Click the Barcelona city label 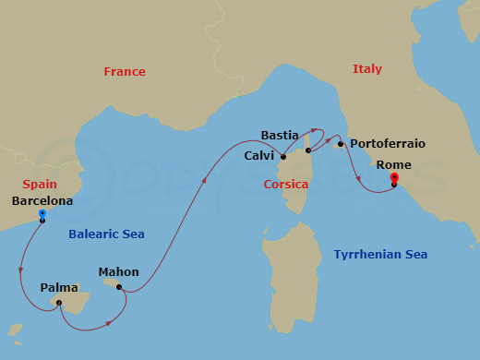pos(43,200)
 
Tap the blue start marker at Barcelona pos(42,214)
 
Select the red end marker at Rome pos(394,178)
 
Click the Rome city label pos(394,165)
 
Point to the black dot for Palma pos(58,302)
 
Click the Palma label pos(59,287)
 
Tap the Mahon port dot pos(119,287)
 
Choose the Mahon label pos(119,272)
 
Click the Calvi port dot pos(283,157)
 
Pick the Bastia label pos(280,135)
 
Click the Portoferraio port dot pos(341,144)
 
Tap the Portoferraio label pos(388,144)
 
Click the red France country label pos(125,72)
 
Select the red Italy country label pos(366,69)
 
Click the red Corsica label pos(286,185)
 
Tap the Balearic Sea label pos(107,234)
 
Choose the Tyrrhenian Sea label pos(380,254)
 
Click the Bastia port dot pos(309,150)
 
